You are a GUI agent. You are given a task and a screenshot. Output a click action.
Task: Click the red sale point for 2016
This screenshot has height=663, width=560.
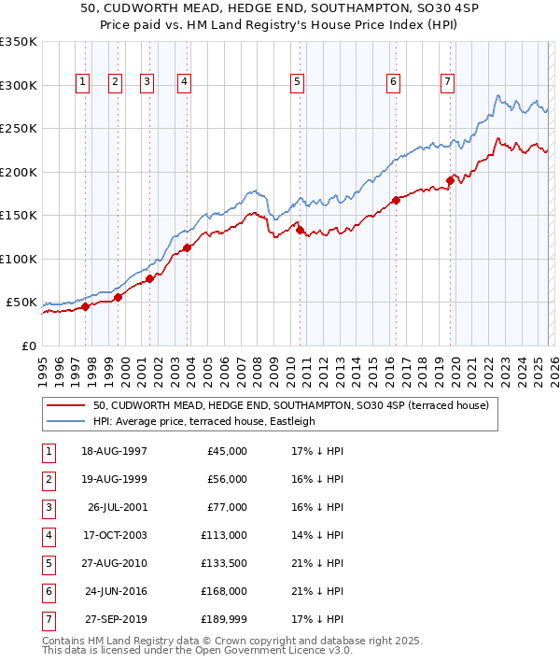397,199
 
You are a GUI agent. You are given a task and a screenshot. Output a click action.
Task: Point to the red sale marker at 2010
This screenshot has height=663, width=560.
300,230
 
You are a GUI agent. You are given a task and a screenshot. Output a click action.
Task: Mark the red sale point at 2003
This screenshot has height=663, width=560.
187,247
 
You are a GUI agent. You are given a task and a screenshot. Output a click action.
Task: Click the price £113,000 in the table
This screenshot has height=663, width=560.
224,535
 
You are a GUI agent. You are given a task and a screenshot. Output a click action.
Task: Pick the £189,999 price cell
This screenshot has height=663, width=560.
224,619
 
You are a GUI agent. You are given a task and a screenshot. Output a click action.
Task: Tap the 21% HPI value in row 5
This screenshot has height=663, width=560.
317,563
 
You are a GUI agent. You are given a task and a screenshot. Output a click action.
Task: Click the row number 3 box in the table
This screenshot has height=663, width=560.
47,507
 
